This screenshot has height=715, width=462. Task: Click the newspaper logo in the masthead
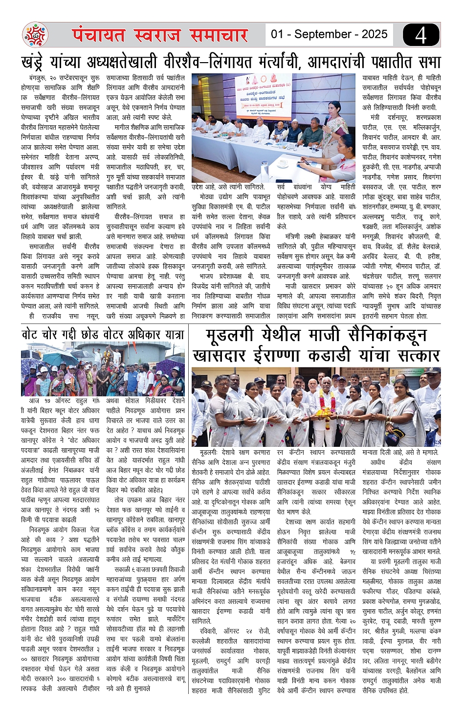(x=35, y=35)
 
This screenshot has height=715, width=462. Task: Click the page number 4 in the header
(x=421, y=35)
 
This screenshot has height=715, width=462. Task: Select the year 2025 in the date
(x=374, y=34)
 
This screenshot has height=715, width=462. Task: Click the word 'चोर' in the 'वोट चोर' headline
(x=50, y=335)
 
